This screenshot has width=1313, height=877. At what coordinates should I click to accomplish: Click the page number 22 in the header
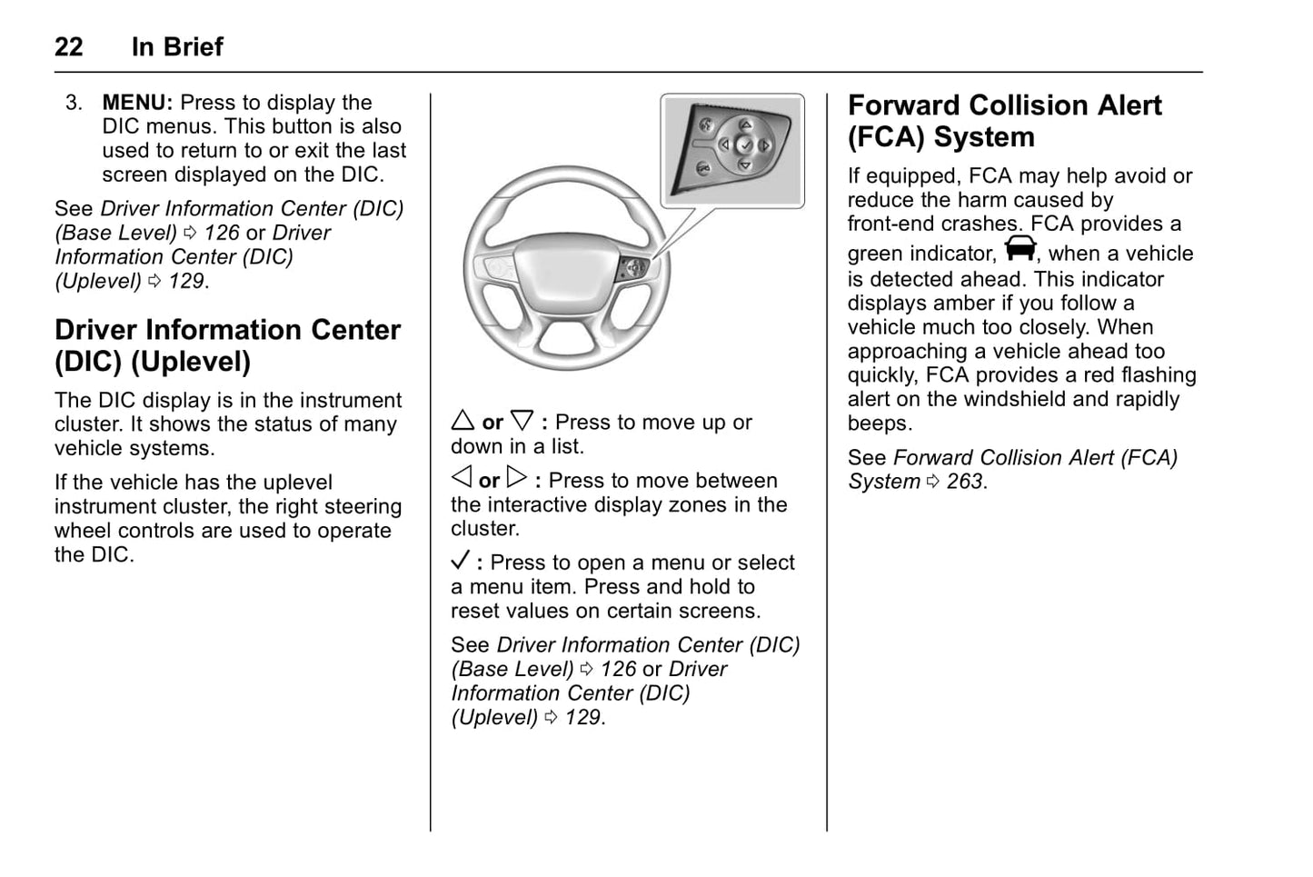[68, 46]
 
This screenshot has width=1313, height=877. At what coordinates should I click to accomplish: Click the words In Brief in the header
[177, 46]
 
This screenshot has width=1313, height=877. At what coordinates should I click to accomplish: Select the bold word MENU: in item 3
[137, 103]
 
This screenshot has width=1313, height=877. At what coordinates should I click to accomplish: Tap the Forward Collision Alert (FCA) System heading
[1004, 121]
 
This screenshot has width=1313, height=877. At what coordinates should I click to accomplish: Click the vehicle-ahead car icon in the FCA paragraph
[1020, 248]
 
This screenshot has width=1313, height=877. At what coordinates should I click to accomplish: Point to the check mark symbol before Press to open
[461, 561]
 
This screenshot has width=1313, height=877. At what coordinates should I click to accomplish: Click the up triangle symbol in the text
[463, 421]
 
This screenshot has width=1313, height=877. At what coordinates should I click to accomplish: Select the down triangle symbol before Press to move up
[521, 421]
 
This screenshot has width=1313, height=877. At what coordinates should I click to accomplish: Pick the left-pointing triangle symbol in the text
[462, 478]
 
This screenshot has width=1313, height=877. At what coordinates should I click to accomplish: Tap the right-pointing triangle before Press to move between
[516, 478]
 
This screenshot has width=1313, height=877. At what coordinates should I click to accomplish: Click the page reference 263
[964, 482]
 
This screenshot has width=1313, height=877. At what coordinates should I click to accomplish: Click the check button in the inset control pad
[744, 145]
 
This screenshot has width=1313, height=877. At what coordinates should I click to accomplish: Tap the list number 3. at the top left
[74, 103]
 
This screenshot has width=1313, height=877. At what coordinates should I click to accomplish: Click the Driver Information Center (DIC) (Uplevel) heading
[227, 345]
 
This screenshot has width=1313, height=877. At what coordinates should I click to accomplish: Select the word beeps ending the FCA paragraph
[877, 424]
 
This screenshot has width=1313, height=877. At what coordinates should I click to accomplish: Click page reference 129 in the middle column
[582, 717]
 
